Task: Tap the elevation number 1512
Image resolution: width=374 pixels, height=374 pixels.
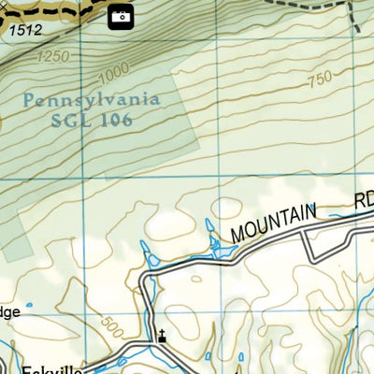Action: (x=24, y=31)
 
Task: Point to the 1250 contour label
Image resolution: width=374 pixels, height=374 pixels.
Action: (x=54, y=57)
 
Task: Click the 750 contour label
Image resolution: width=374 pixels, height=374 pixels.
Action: (x=319, y=80)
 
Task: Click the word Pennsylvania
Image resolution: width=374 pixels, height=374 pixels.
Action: (x=92, y=99)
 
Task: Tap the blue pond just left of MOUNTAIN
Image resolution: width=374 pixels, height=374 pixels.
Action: (x=216, y=246)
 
